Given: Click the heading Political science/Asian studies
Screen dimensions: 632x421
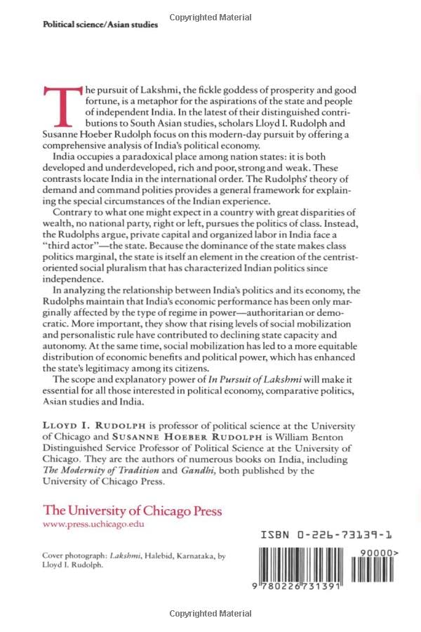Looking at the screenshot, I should pyautogui.click(x=100, y=24).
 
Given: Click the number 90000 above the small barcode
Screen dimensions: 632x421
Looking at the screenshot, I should pyautogui.click(x=386, y=553).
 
